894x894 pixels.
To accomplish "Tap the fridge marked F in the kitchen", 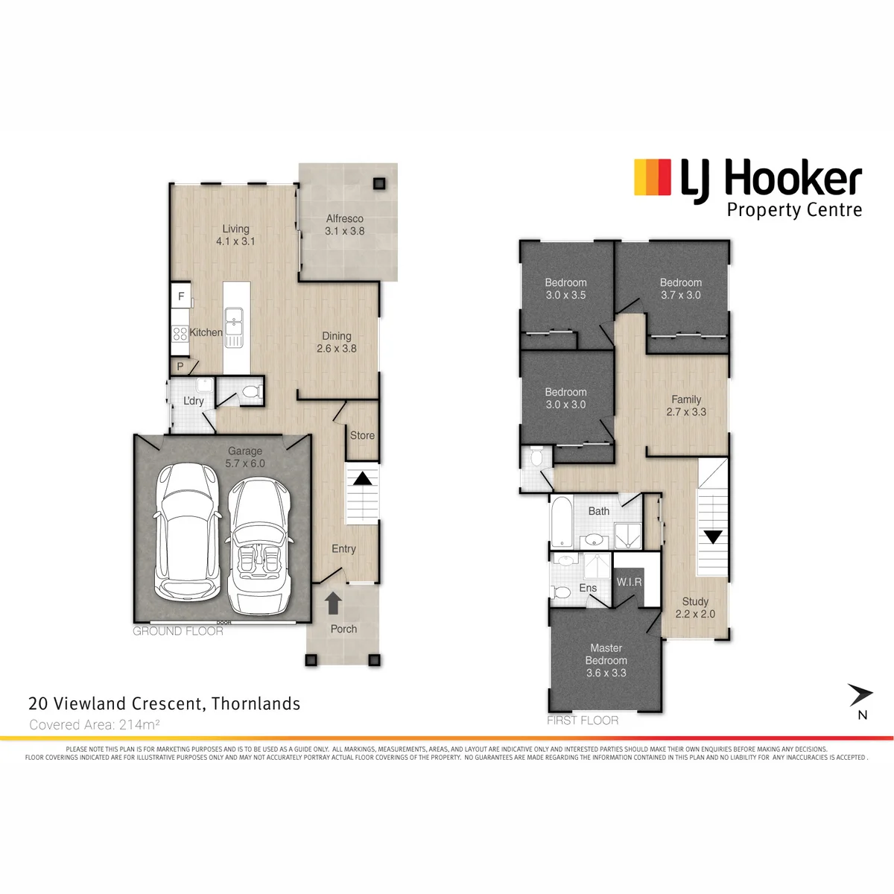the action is click(181, 296).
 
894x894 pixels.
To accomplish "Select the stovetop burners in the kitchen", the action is click(180, 333).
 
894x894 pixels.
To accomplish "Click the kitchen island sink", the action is click(234, 328).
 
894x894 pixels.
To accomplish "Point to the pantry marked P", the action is click(180, 367).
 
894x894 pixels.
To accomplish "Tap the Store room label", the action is click(362, 435).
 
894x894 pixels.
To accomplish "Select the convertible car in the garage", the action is click(259, 546).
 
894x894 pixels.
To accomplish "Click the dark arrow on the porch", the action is click(333, 603).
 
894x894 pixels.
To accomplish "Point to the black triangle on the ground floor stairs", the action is click(362, 478).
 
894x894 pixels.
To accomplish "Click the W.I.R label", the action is click(629, 582).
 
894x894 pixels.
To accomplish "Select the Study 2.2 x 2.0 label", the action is click(695, 608).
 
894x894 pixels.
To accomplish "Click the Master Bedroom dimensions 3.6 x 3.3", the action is click(606, 673).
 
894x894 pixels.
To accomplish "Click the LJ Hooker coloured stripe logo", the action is click(653, 177).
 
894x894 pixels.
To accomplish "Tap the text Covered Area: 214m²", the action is click(95, 725).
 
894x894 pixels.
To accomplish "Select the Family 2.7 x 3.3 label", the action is click(686, 405).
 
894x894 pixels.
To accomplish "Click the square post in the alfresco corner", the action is click(379, 184).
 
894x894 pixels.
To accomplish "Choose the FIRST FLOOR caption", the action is click(583, 720).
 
